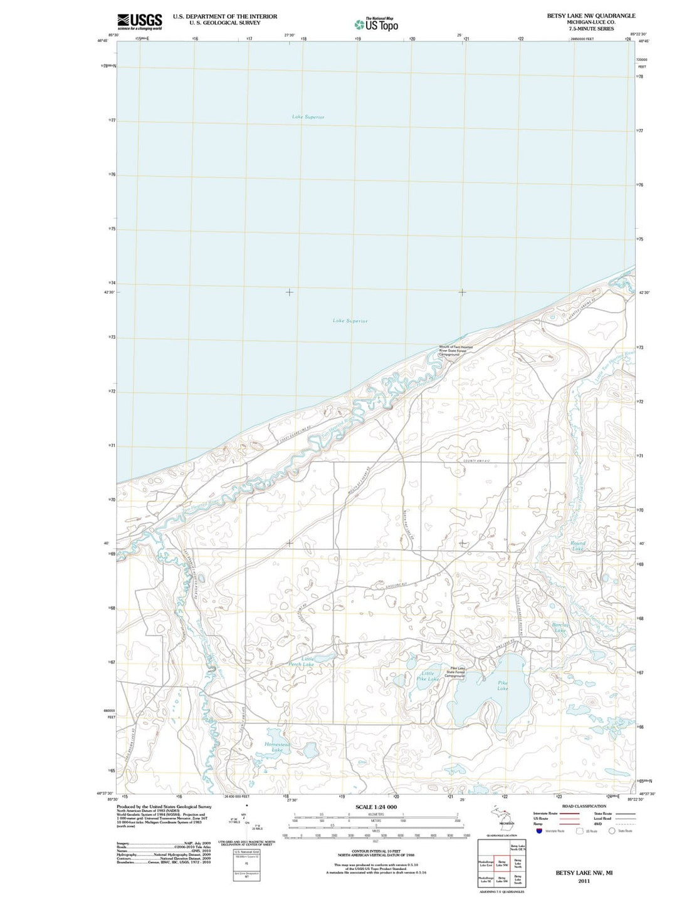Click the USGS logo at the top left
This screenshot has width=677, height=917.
point(140,21)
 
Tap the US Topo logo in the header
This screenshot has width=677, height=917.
point(376,24)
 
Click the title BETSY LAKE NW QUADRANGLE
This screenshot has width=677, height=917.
point(591,16)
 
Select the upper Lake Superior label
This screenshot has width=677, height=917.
point(308,117)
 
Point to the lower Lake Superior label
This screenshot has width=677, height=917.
point(350,321)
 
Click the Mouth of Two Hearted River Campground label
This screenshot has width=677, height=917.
point(456,351)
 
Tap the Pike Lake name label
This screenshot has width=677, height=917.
point(503,685)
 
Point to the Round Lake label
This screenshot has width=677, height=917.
point(578,546)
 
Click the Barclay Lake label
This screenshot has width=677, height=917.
point(560,627)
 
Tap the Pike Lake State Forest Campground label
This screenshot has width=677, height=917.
point(455,672)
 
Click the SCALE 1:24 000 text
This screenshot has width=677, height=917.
point(376,807)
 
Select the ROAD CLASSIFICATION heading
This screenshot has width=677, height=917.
point(584,806)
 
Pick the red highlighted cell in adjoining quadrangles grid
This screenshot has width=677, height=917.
point(501,863)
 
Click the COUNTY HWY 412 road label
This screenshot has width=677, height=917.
point(476,462)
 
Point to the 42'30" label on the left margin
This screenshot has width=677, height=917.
point(109,293)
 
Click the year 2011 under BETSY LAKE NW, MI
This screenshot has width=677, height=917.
point(584,881)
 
